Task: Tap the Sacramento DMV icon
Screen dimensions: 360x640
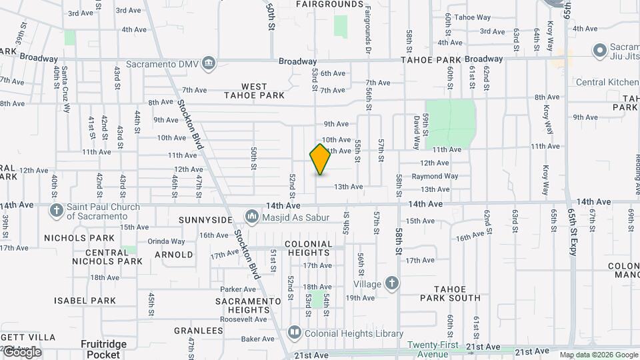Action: coord(209,63)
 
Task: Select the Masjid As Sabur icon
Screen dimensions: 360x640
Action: coord(252,216)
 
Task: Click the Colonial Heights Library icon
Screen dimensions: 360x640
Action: coord(294,333)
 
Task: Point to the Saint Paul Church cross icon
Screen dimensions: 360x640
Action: coord(57,211)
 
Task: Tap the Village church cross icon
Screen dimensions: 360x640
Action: coord(392,283)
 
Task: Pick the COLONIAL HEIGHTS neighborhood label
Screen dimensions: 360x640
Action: coord(308,248)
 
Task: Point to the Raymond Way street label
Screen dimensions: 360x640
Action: coord(435,177)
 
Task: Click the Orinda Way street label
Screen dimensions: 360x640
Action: coord(166,241)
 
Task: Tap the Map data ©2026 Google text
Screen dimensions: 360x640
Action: coord(599,355)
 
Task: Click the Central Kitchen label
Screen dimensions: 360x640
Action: coord(607,82)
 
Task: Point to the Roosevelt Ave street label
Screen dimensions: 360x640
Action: coord(244,319)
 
